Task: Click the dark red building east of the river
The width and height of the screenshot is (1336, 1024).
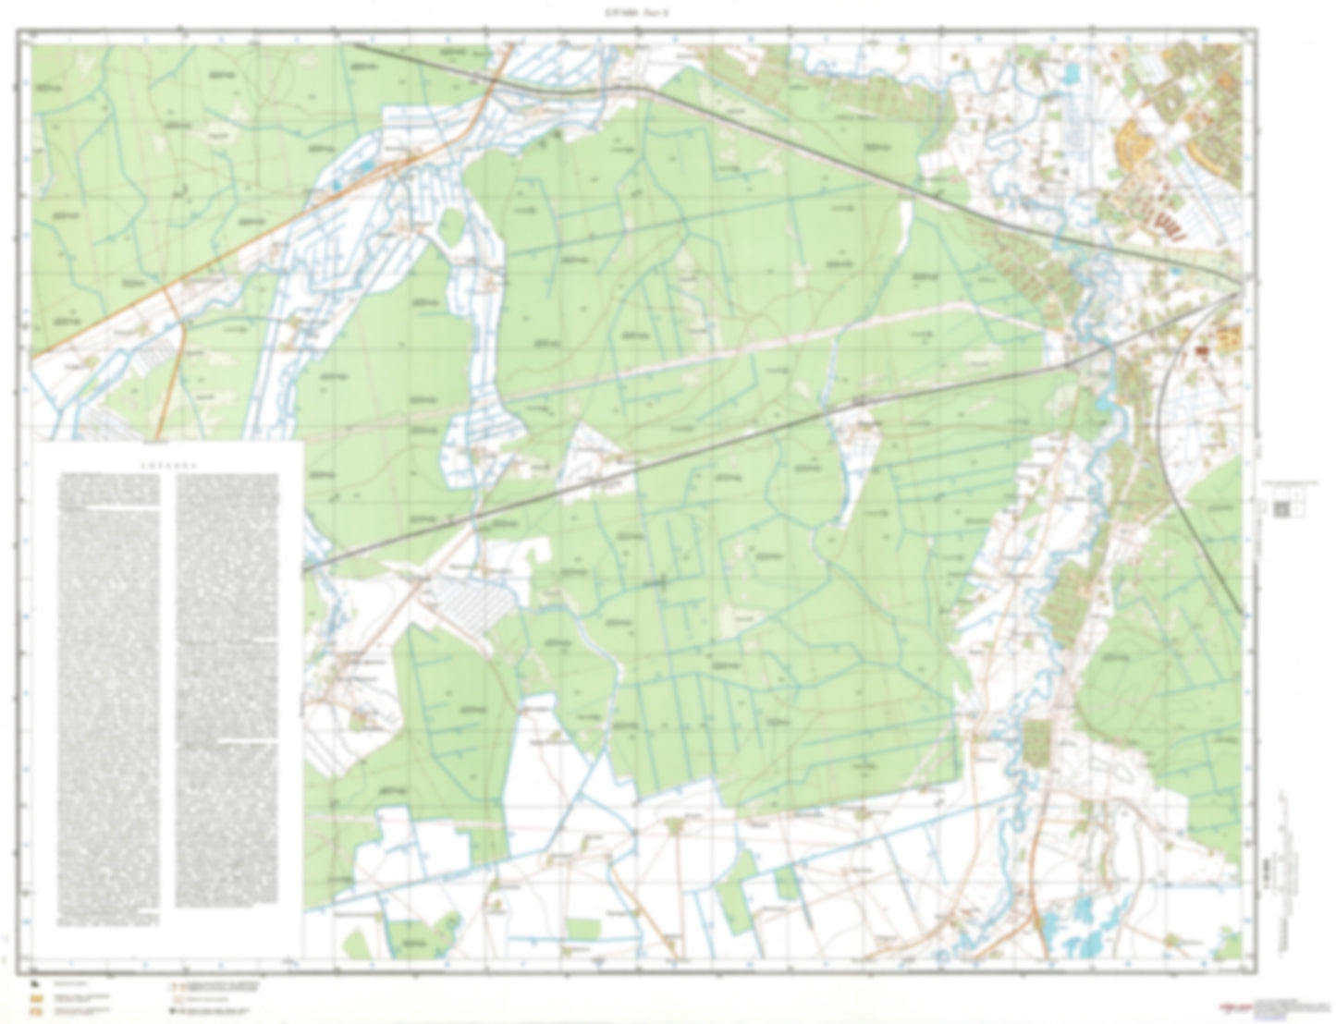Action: [1202, 352]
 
